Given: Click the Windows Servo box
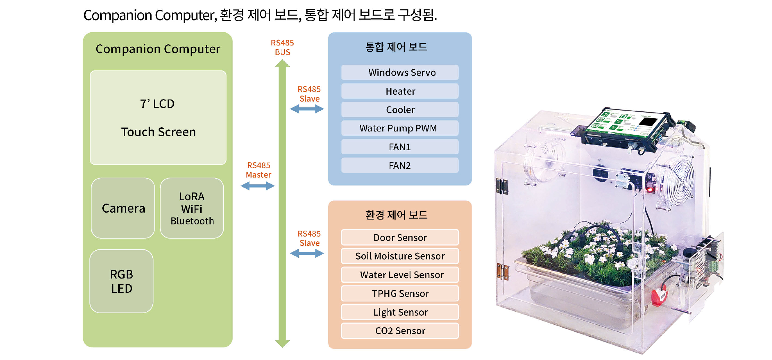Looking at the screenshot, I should click(x=400, y=72).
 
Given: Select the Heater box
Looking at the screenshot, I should click(x=400, y=91).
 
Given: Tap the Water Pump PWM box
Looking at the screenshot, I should click(x=400, y=128).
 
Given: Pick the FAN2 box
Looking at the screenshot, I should click(x=400, y=165).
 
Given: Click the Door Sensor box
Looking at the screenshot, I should click(x=400, y=238).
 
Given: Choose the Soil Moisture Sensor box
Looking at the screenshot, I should click(x=400, y=256).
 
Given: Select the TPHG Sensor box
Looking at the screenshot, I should click(x=400, y=293).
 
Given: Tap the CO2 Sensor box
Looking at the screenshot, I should click(x=400, y=331).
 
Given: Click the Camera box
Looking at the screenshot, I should click(x=123, y=208).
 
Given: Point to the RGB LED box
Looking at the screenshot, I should click(x=121, y=281).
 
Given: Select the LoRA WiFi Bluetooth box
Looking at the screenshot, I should click(x=192, y=208).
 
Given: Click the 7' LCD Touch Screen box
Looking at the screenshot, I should click(x=158, y=118).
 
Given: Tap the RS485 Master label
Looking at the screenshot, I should click(x=258, y=170).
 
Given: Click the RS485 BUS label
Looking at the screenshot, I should click(x=282, y=48).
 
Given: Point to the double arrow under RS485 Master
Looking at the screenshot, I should click(x=257, y=186).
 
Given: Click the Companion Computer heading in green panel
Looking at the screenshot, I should click(x=158, y=49).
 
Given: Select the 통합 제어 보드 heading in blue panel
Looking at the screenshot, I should click(x=396, y=47).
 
